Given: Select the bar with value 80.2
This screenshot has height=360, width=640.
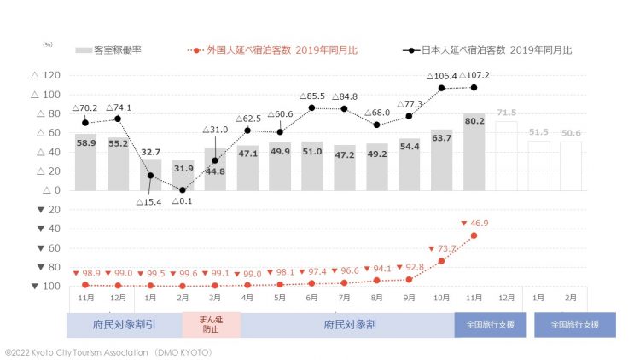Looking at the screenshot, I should coord(474,152).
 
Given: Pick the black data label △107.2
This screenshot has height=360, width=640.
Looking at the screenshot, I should coord(474,75).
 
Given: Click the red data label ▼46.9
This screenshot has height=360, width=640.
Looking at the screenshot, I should coord(474,224).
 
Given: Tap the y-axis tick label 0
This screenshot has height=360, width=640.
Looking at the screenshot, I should coord(55,190).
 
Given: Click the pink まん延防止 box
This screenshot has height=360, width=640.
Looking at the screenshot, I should coord(211,325).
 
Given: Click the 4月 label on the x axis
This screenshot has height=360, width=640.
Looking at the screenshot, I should coord(247,298).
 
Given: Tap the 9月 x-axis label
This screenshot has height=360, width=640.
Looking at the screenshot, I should coord(410,298).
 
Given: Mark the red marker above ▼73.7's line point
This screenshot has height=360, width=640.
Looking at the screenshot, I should coord(441,261).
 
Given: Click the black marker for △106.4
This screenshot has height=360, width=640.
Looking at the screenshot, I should coord(441,88).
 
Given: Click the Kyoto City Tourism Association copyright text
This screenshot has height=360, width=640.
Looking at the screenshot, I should coord(108,351).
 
